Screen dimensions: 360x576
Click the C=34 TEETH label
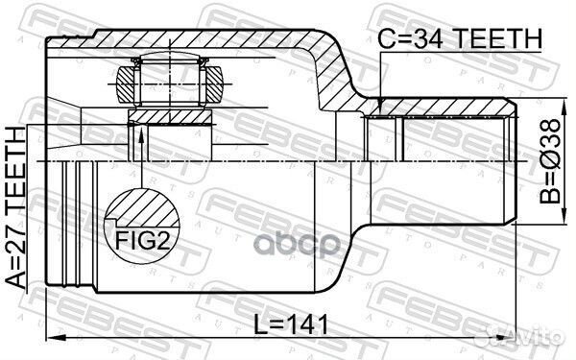(x=460, y=38)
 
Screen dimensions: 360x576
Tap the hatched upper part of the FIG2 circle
(x=142, y=206)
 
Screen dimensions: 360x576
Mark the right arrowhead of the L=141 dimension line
(x=514, y=338)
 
